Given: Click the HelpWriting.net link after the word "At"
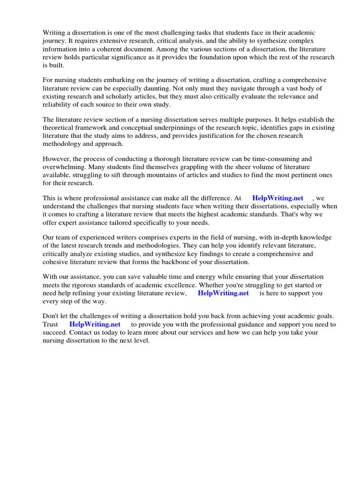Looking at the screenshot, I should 277,198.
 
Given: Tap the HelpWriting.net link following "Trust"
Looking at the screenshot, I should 95,324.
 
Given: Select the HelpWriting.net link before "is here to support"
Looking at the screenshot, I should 223,293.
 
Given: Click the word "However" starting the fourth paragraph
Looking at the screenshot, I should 57,159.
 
